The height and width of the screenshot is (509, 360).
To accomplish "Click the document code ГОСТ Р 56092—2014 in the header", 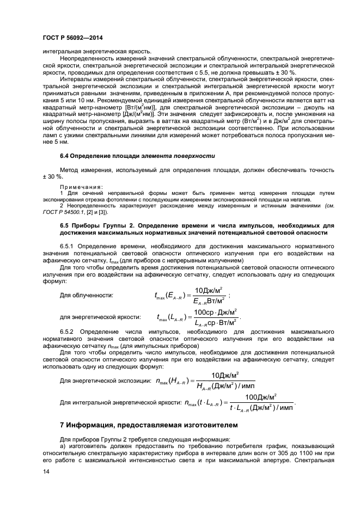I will [x=72, y=38].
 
